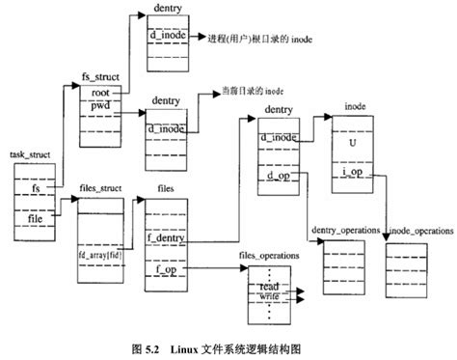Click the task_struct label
click(x=32, y=153)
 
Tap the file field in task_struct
click(x=35, y=220)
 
